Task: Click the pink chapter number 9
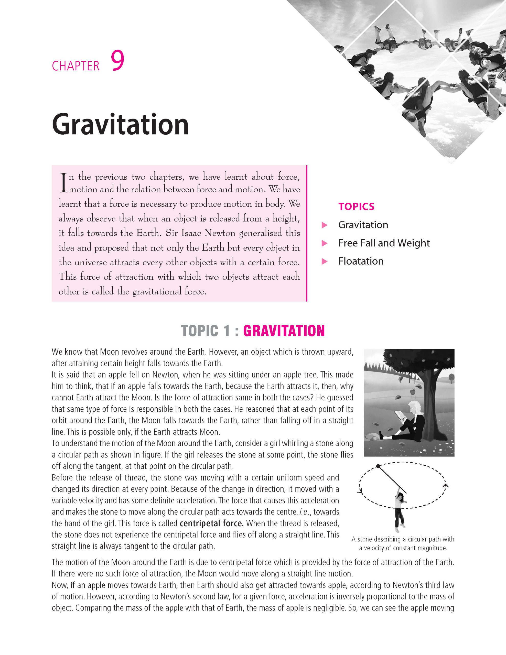117,61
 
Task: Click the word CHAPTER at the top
75,66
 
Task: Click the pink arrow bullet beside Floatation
324,261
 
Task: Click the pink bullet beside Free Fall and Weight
324,243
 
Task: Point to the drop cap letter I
63,183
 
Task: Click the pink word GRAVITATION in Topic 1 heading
284,331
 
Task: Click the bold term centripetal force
211,523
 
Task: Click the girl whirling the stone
400,510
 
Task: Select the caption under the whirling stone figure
403,543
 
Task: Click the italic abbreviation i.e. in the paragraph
304,512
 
